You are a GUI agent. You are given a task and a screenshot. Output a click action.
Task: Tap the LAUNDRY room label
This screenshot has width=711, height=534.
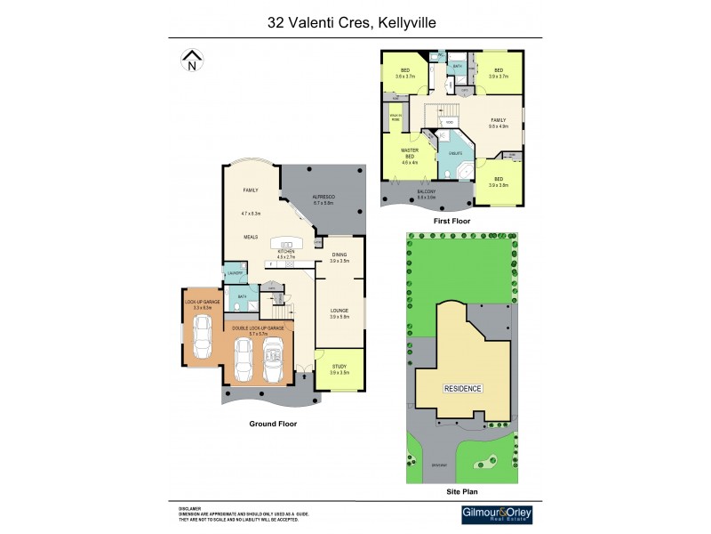pyautogui.click(x=235, y=273)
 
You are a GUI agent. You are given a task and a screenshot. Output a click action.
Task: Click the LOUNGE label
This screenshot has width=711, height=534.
pyautogui.click(x=340, y=311)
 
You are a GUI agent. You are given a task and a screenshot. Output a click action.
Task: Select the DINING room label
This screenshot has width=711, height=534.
pyautogui.click(x=340, y=255)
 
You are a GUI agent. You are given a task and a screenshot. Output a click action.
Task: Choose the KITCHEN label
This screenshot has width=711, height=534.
pyautogui.click(x=286, y=252)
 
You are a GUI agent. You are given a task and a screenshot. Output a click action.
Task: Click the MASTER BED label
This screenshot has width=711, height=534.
pyautogui.click(x=410, y=153)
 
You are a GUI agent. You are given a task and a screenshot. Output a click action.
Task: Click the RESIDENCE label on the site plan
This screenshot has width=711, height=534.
pyautogui.click(x=462, y=388)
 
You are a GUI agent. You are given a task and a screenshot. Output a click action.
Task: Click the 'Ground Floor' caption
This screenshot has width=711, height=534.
pyautogui.click(x=273, y=425)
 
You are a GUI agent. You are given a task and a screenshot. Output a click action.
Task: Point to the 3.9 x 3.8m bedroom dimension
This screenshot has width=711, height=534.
pyautogui.click(x=499, y=185)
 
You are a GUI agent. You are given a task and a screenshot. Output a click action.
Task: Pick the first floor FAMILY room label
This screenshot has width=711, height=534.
pyautogui.click(x=498, y=119)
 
